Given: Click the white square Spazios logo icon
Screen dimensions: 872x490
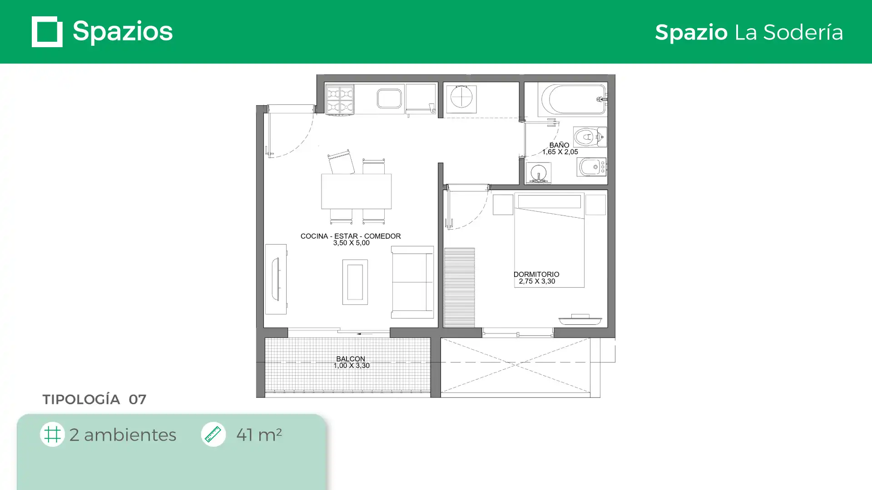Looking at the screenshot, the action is [47, 32].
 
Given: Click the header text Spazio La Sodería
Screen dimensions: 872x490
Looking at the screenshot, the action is [749, 32].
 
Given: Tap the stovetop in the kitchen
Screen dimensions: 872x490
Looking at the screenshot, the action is [340, 100].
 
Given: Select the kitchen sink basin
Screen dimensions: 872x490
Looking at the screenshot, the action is [389, 98].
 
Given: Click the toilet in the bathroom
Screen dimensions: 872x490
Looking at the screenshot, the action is [590, 137].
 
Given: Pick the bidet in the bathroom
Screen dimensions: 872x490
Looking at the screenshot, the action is [592, 167].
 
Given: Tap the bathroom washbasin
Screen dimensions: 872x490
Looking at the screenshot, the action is [539, 173].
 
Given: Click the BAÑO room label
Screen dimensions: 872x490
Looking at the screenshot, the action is [559, 145].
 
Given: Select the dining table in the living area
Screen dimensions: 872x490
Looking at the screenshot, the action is [357, 191].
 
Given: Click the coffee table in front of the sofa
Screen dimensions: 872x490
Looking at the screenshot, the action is [355, 282].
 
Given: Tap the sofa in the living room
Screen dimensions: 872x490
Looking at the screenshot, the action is [412, 282].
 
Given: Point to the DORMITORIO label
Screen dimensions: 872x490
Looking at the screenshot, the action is [536, 274].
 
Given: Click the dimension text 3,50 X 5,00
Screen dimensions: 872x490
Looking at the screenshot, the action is [352, 243].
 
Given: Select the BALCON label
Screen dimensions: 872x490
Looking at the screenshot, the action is [351, 359].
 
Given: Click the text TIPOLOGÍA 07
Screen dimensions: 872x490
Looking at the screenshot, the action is [94, 399].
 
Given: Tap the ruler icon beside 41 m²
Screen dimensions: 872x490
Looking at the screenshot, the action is [213, 434].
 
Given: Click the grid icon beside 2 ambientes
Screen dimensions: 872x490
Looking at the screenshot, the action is [52, 434].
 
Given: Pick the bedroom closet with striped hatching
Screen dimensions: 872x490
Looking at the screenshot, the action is [459, 287].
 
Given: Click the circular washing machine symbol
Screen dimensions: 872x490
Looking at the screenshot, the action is [461, 98].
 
